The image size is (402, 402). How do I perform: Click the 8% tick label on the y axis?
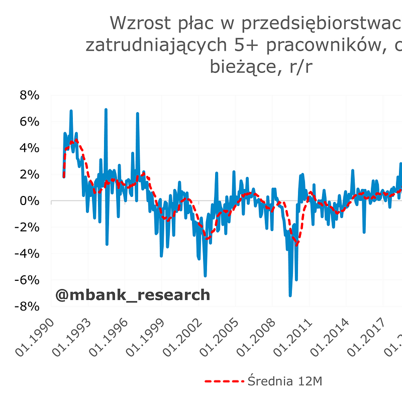[x=29, y=95]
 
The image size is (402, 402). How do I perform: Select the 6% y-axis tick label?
[x=29, y=122]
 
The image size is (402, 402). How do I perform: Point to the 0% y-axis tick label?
[x=29, y=201]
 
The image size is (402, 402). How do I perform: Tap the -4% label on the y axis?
[x=26, y=254]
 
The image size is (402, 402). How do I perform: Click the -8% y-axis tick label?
[x=26, y=307]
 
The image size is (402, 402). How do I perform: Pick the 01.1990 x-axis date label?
[x=34, y=338]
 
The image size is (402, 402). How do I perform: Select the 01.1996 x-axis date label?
[x=108, y=338]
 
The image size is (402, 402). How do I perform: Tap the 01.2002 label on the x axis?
[x=181, y=338]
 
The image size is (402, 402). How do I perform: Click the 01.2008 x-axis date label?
[x=255, y=338]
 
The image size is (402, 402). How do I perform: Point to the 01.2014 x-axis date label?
[x=329, y=338]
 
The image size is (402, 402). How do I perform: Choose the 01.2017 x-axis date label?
[x=365, y=338]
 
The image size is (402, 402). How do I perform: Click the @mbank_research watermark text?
[x=133, y=295]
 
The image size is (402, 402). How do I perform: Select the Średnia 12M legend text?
[x=284, y=381]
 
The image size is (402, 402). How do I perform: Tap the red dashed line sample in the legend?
[x=224, y=381]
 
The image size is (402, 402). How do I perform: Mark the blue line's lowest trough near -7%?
[x=290, y=295]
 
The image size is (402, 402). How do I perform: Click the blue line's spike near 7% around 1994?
[x=106, y=109]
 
